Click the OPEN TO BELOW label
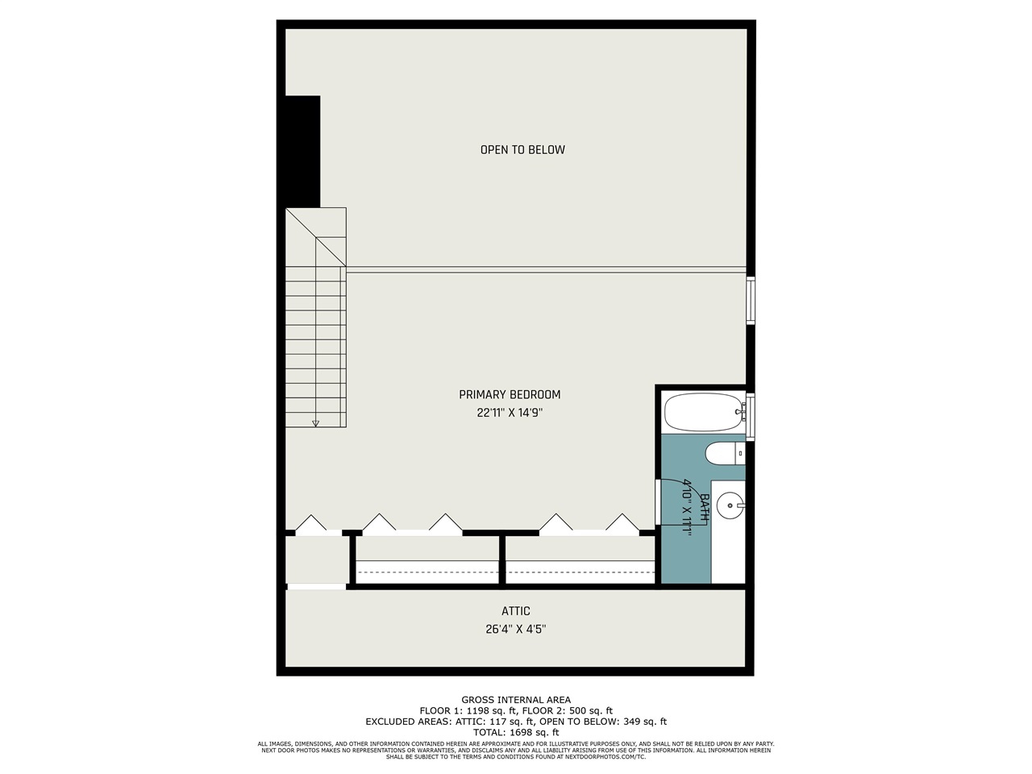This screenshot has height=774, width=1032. tap(522, 150)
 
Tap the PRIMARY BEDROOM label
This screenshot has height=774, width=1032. tap(510, 395)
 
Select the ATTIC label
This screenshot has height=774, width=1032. tap(516, 612)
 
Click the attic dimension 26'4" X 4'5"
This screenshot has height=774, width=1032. tap(516, 630)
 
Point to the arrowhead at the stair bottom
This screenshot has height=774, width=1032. tap(316, 423)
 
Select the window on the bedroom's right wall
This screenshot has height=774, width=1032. tap(751, 300)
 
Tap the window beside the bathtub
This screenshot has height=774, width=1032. tap(751, 417)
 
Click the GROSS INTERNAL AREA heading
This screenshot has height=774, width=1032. tap(516, 700)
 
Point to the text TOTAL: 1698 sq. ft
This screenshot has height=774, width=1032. tap(516, 732)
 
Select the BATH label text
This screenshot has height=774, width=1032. tap(704, 506)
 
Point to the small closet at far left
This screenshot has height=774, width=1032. tap(316, 559)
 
